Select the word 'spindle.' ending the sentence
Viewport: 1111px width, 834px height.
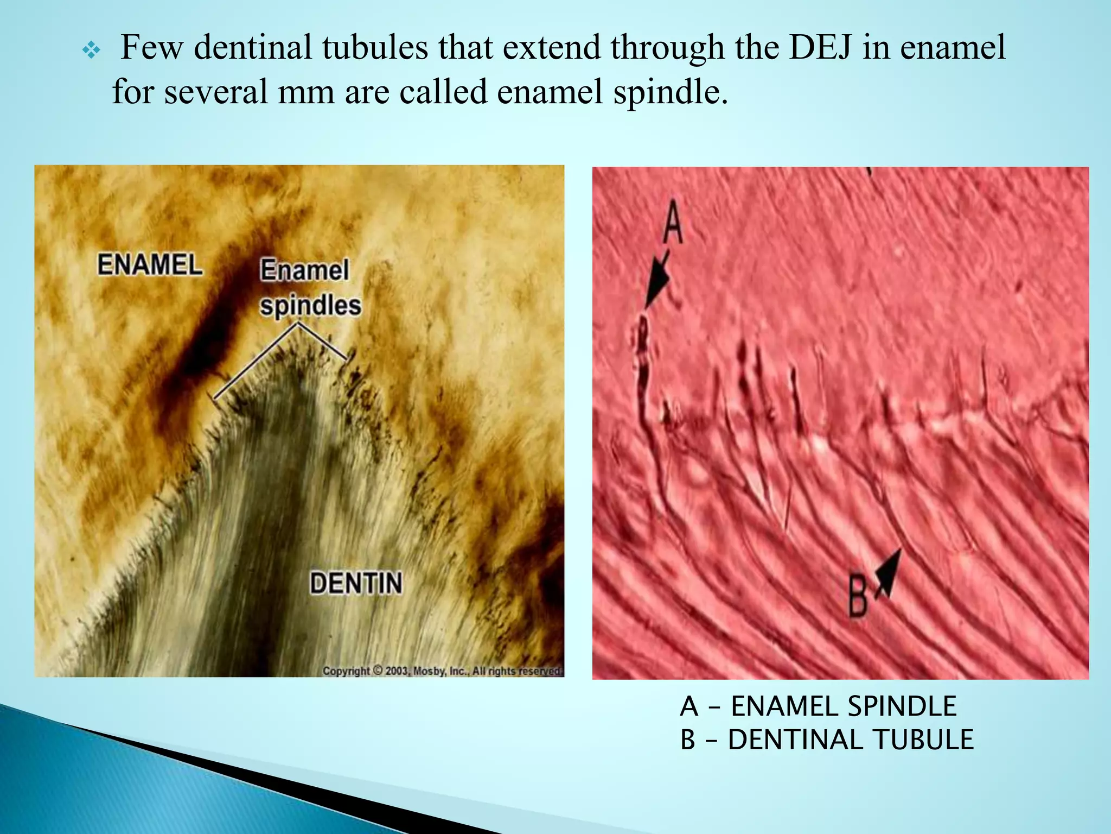671,92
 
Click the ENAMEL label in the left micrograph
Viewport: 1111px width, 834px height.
150,265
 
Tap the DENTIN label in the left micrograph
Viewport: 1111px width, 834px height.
356,584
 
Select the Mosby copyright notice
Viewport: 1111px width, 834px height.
443,671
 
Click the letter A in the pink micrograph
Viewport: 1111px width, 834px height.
673,222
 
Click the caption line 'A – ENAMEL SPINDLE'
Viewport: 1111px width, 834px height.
818,706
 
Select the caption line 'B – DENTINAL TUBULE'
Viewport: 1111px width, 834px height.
827,740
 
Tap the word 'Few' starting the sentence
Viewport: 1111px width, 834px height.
151,47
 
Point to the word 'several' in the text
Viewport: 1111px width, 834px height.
215,92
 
